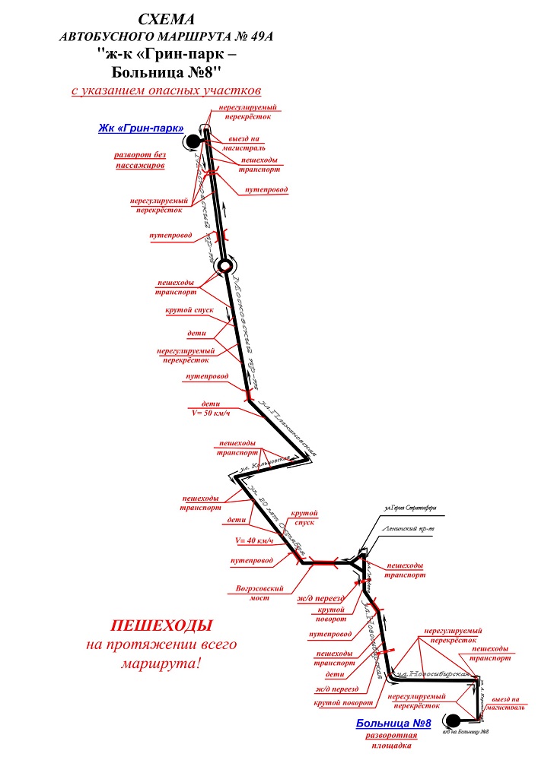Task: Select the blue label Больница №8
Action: coord(393,724)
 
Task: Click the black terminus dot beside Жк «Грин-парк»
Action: coord(193,141)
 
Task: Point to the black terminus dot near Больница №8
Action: coord(453,720)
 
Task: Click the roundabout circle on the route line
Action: coord(224,265)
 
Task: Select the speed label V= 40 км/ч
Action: coord(255,540)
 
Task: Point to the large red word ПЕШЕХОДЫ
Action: coord(161,626)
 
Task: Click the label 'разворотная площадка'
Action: coord(393,741)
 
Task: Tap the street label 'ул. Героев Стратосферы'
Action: coord(410,508)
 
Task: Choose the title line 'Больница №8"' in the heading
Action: coord(167,72)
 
